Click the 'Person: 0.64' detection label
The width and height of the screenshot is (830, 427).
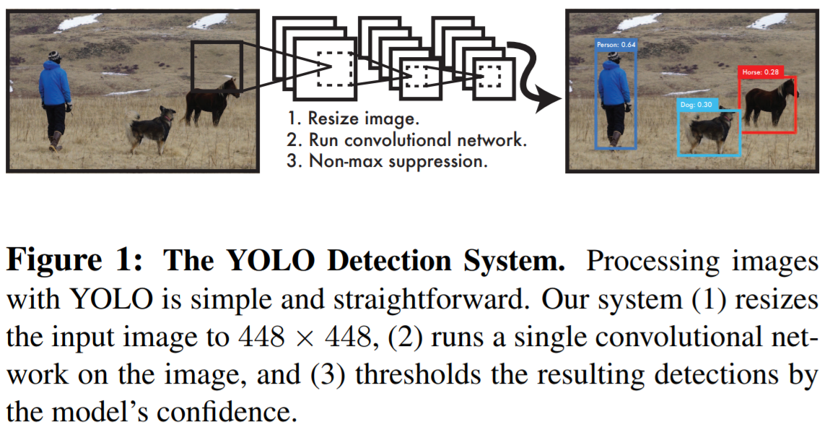616,45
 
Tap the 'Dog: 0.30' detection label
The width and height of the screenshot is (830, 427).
696,105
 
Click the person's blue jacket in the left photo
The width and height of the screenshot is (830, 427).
54,84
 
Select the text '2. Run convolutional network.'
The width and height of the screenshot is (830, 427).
406,139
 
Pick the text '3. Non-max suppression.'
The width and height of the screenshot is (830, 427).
386,160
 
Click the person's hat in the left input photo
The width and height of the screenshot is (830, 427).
53,55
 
